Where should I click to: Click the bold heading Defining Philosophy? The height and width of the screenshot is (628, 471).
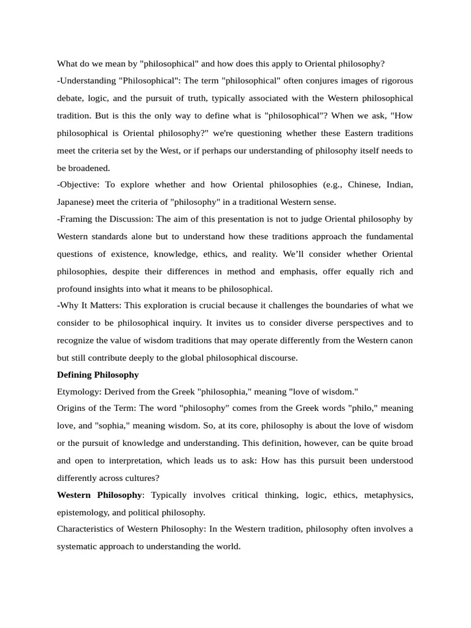(98, 374)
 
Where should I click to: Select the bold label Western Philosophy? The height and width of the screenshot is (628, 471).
(99, 494)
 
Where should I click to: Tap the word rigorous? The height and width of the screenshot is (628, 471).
(393, 81)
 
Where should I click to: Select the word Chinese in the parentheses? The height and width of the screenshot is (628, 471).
(343, 185)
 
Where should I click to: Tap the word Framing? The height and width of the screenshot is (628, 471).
(78, 219)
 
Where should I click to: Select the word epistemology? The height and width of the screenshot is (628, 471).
(85, 512)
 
